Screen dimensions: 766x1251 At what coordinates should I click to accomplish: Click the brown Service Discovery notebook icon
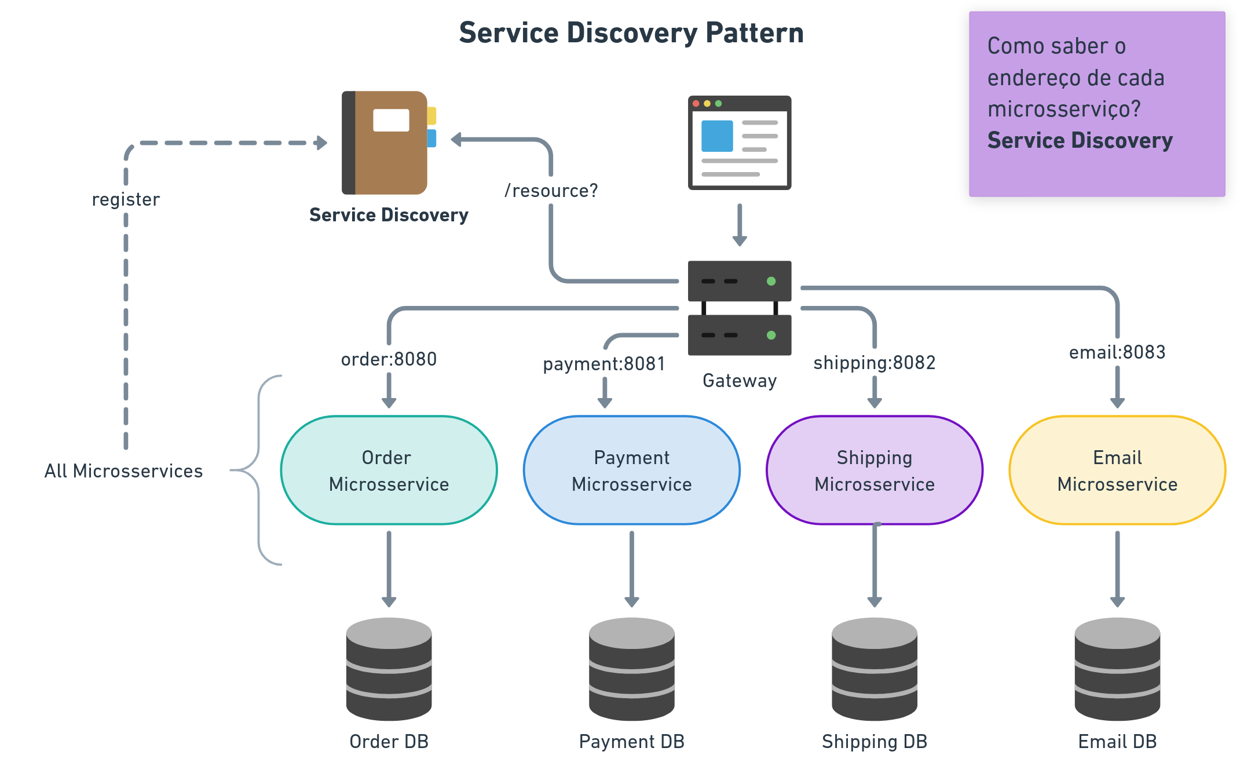coord(385,143)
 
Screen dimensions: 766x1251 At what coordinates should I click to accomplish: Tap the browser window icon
coord(740,143)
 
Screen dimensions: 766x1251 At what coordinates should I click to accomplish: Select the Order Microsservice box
coord(389,470)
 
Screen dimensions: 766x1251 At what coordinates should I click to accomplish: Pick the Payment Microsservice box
coord(631,470)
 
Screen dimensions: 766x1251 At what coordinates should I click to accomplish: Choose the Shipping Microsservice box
coord(875,470)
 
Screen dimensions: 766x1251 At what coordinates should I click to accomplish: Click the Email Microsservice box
coord(1117,470)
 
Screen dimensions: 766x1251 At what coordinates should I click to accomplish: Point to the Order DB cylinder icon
coord(389,669)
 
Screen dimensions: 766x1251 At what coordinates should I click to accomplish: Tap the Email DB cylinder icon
coord(1117,669)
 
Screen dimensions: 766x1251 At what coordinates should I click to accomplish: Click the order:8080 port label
coord(389,359)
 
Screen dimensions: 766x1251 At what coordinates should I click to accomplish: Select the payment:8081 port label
coord(603,364)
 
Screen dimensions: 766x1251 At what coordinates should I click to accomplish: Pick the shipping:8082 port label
coord(874,363)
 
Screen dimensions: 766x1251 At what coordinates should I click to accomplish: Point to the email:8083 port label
coord(1117,352)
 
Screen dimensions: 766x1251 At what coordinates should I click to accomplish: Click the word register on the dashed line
coord(126,199)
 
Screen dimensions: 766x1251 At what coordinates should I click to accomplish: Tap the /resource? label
coord(551,191)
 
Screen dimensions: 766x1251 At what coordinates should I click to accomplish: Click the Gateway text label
coord(740,381)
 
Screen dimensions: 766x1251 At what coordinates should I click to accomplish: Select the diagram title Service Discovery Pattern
coord(631,33)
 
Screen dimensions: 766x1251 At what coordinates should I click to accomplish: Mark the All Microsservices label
coord(123,471)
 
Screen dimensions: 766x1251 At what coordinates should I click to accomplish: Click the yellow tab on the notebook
coord(432,115)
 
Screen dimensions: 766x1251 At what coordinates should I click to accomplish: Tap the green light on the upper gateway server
coord(771,281)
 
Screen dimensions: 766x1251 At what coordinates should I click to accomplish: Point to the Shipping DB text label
coord(875,742)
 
